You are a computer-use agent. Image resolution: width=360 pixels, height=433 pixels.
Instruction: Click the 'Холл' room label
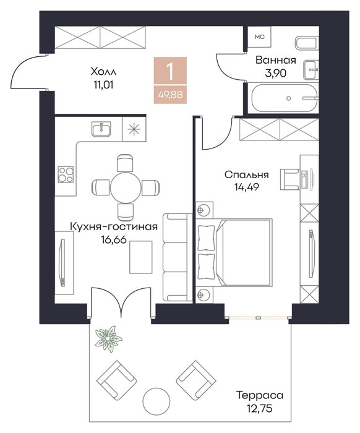coord(103,72)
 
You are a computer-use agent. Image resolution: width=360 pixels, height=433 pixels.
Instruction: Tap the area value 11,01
coord(103,85)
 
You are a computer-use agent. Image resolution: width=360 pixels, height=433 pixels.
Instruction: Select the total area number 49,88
coord(170,95)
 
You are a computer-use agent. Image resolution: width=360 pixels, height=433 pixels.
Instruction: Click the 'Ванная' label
coord(275,60)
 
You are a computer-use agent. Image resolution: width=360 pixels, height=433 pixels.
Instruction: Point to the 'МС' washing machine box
coord(259,36)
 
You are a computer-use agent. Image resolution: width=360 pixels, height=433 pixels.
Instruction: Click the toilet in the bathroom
coord(306,43)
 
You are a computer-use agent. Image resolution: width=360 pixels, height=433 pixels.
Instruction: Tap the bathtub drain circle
coord(289,98)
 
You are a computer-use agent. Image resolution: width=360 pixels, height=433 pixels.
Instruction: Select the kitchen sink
coord(101,129)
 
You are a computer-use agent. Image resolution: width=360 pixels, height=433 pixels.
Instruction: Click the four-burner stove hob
coord(66,174)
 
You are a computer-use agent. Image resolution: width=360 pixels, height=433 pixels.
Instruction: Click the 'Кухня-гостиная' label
coord(114,227)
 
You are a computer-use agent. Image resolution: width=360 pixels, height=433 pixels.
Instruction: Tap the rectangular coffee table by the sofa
coord(141,257)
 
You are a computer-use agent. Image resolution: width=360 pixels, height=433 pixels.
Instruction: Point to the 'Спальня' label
coord(247,174)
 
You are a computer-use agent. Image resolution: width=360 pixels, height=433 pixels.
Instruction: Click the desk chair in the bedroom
coord(290,179)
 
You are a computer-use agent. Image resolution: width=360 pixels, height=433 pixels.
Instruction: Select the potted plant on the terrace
coord(108,338)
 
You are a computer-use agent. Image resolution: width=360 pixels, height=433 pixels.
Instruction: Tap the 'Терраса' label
coord(260,395)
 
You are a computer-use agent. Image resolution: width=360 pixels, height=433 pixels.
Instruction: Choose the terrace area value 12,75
coord(260,408)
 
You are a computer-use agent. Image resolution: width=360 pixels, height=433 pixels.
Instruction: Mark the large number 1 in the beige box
coord(170,71)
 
